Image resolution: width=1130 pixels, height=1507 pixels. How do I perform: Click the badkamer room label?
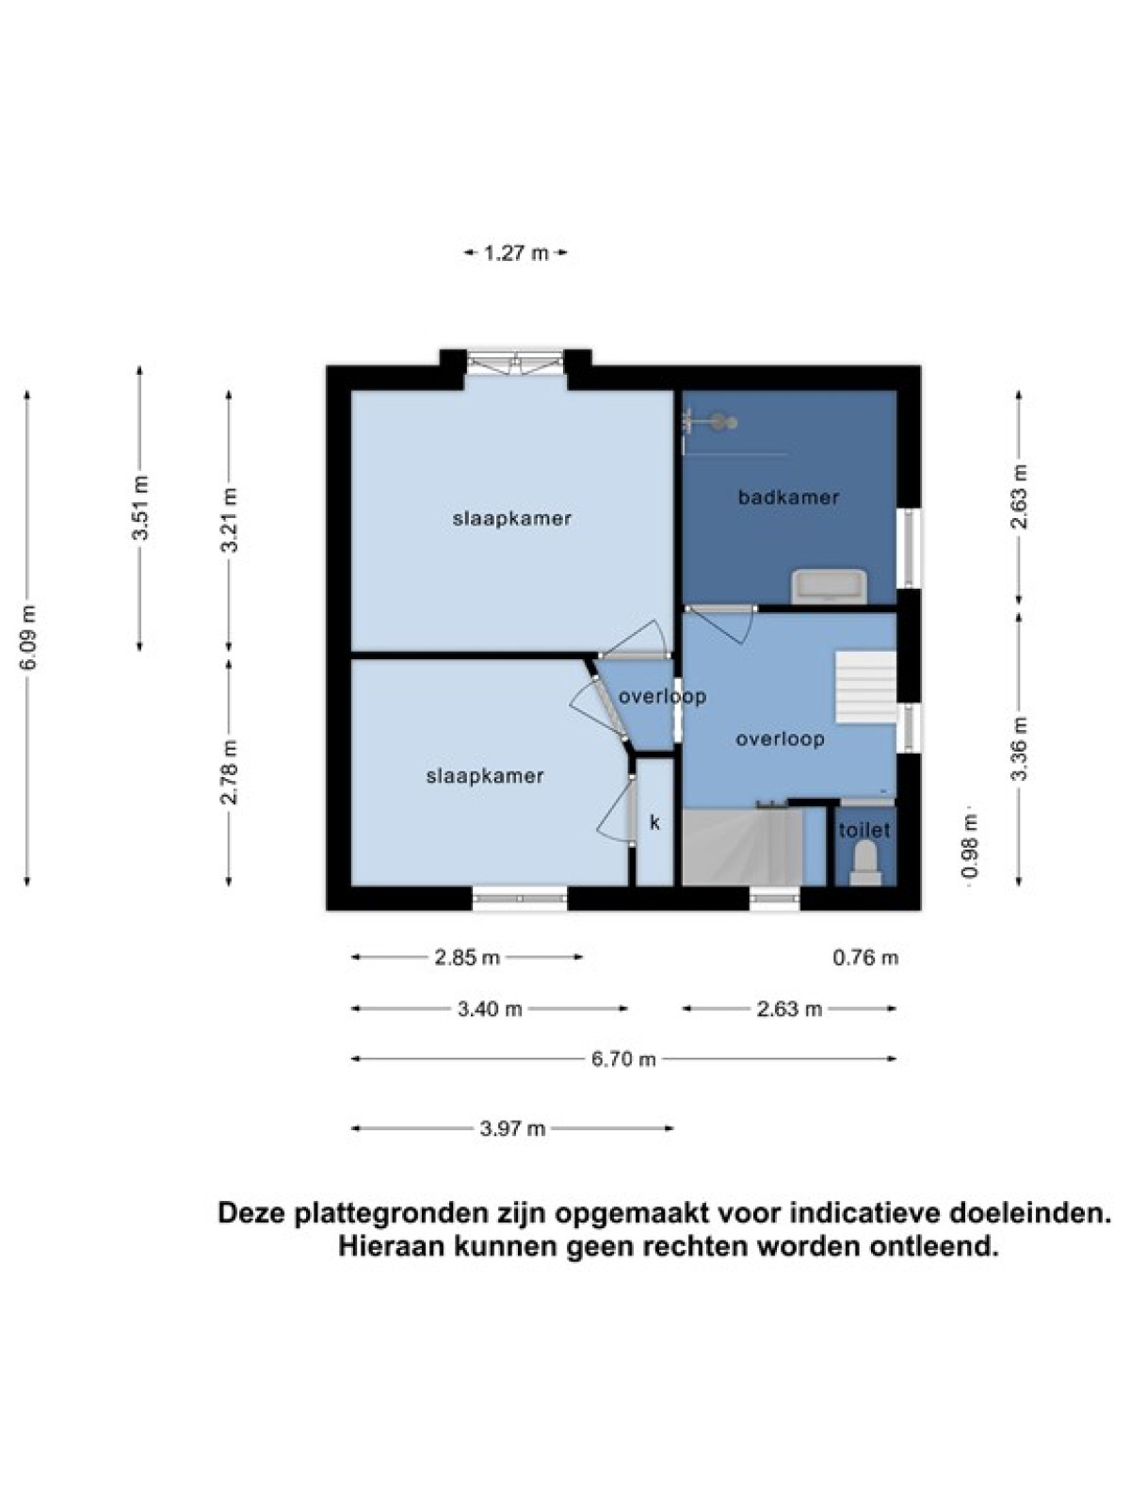coord(788,497)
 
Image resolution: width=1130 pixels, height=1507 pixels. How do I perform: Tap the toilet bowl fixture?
coord(864,864)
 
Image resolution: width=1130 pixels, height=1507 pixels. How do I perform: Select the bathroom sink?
coord(830,587)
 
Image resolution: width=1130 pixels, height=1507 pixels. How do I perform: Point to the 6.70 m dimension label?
coord(623,1060)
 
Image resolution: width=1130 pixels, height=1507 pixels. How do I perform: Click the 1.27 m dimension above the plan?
coord(517,253)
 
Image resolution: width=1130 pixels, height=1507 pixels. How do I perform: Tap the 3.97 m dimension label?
coord(512,1128)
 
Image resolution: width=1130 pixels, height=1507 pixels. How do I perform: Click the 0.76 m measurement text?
coord(865,957)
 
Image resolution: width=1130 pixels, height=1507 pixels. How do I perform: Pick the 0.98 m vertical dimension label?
coord(969,845)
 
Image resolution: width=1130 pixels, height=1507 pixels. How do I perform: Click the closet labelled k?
coord(654,822)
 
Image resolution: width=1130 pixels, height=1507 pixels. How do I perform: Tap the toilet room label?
coord(864,831)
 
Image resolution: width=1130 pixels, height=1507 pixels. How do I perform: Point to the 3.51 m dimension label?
coord(141,508)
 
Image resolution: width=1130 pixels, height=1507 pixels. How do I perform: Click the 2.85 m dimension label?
coord(467,957)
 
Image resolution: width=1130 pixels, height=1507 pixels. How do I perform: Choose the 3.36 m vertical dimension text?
coord(1020,749)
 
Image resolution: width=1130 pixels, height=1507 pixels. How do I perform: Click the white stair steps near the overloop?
coord(865,687)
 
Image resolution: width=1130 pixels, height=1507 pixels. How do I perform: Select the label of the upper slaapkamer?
coord(512,518)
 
